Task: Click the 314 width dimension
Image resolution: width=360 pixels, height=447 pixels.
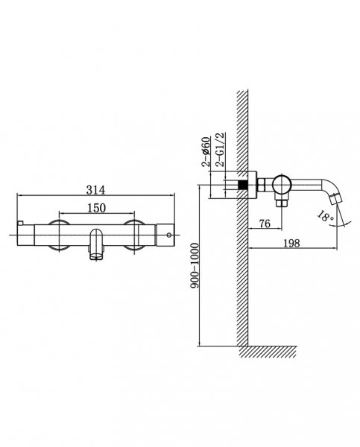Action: coord(95,190)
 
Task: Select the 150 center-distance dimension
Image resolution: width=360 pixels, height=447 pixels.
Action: coord(96,208)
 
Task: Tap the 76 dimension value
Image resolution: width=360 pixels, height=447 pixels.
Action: coord(265,223)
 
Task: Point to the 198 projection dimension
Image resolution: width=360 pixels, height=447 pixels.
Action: coord(291,243)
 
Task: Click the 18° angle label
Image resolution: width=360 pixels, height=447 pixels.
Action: coord(326,216)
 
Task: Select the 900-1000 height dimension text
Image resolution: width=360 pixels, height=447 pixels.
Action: coord(195,265)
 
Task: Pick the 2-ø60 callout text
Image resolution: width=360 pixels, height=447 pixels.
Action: coord(206,152)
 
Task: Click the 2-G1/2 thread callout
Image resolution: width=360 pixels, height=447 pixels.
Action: coord(220,150)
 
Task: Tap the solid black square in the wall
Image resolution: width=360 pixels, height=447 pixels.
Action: coord(242,185)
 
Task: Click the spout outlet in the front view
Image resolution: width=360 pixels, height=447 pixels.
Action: coord(96,255)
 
